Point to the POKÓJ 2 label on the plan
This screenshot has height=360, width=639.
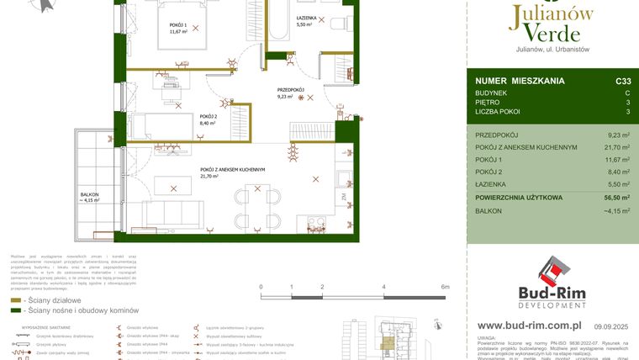click(x=208, y=117)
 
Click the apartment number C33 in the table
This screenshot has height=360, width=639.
click(x=622, y=81)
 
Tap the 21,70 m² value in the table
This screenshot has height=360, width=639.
click(x=616, y=146)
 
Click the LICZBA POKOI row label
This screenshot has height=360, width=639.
click(x=498, y=112)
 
